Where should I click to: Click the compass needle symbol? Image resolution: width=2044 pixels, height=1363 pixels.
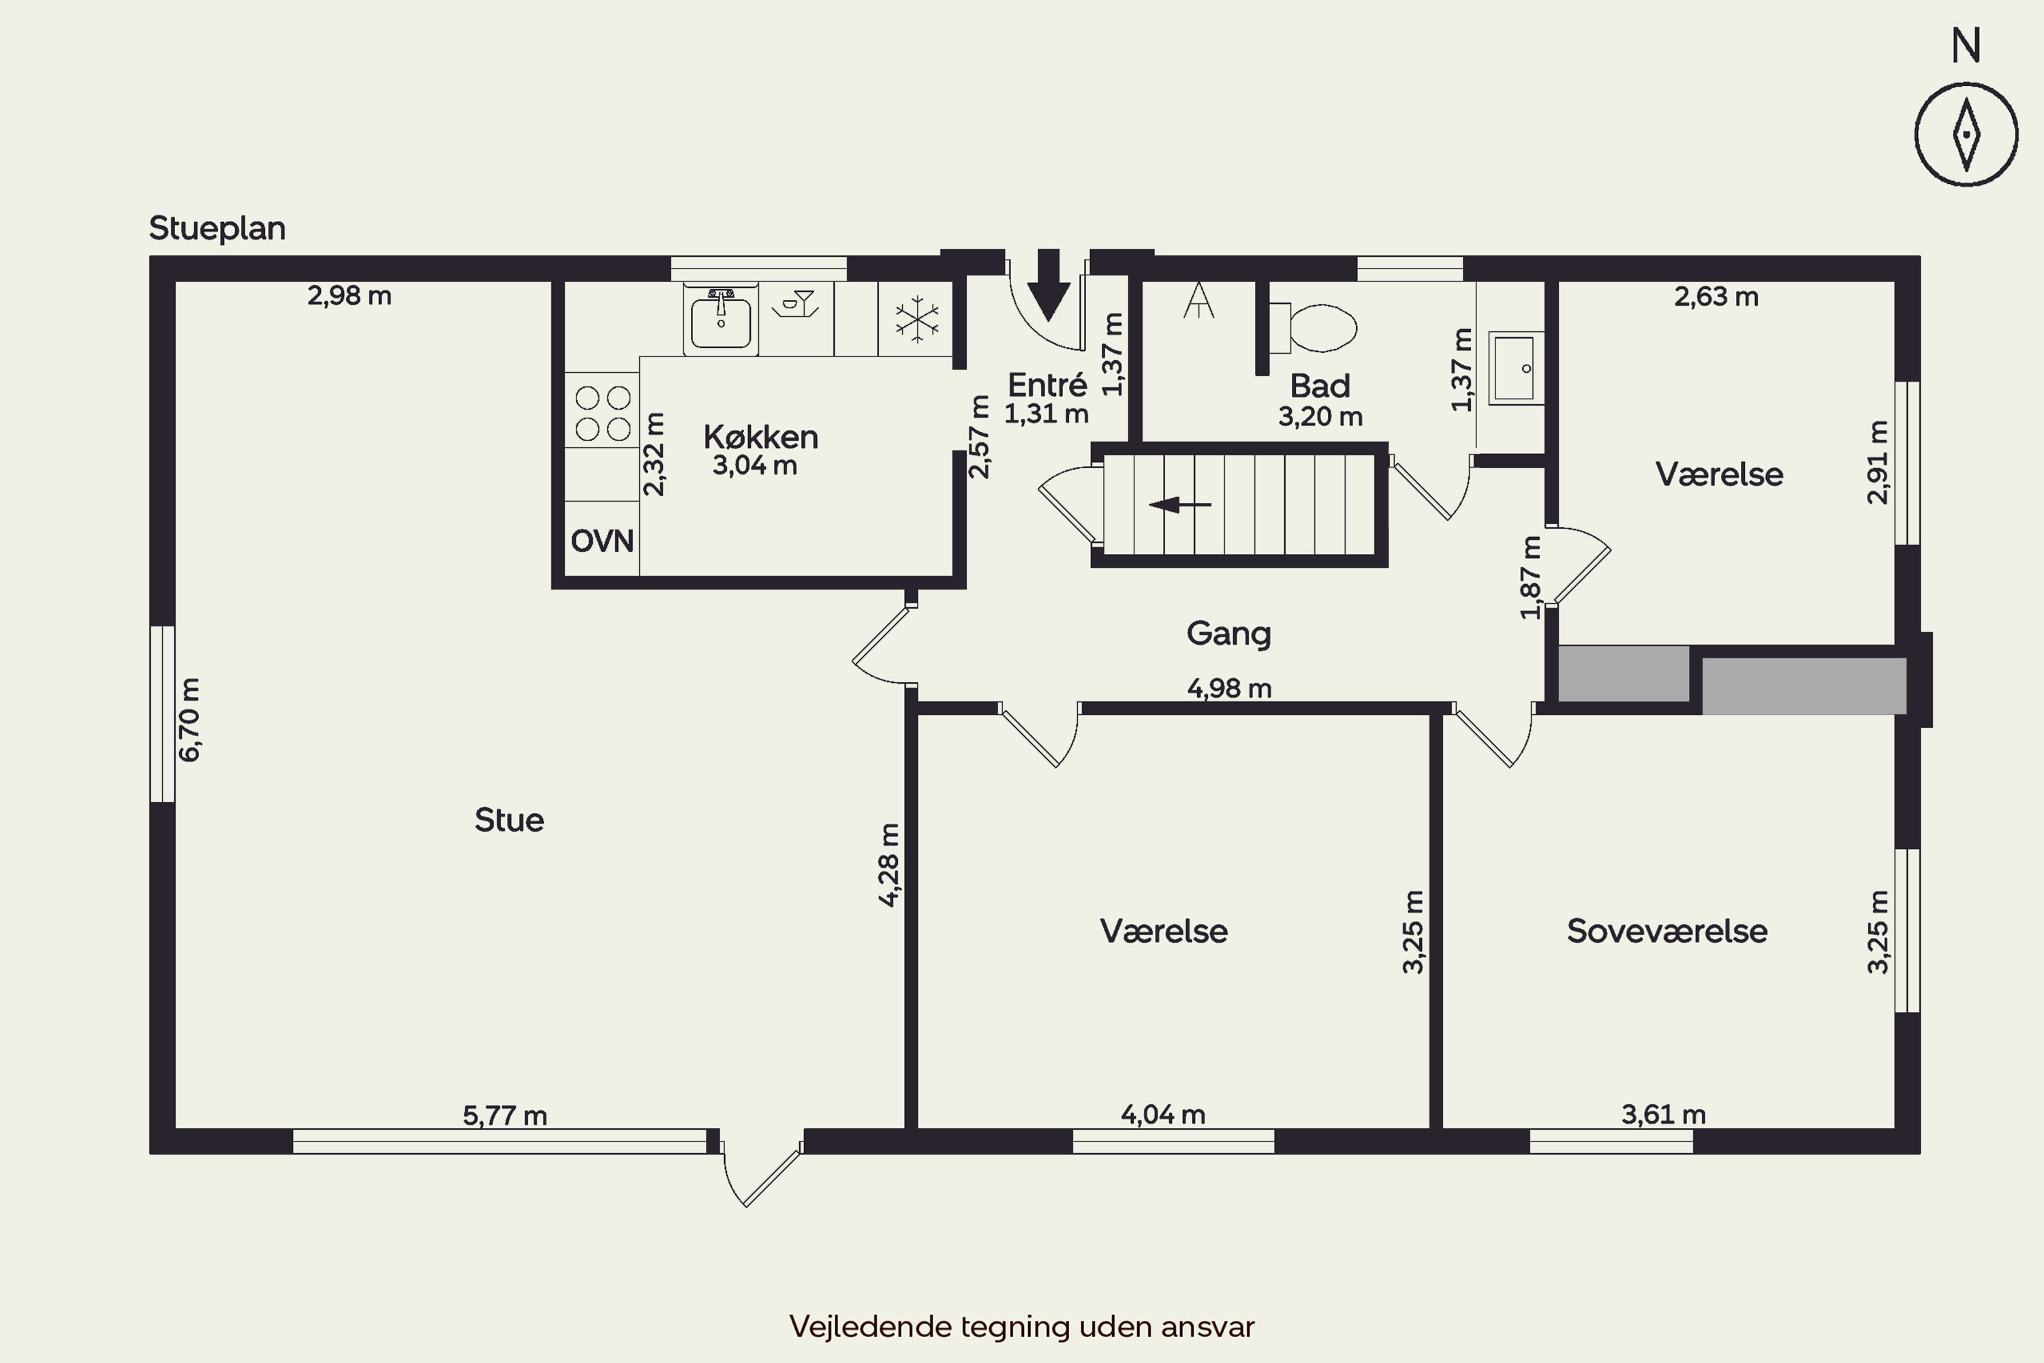(x=1966, y=136)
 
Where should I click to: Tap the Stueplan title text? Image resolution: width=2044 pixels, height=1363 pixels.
(x=217, y=228)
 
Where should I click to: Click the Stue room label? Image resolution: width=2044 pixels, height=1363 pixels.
(x=509, y=820)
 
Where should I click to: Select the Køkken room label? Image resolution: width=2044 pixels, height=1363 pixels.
(x=760, y=436)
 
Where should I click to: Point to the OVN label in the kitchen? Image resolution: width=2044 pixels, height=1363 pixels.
(x=602, y=540)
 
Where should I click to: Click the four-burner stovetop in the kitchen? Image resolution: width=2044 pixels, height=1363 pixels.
(x=602, y=414)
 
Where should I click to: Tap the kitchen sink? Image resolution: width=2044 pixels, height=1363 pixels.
(x=720, y=319)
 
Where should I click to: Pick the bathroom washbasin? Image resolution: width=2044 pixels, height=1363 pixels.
(x=1515, y=368)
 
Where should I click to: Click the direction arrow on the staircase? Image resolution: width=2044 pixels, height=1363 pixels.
(x=1179, y=504)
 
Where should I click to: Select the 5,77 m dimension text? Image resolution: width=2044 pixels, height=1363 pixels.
(x=505, y=1115)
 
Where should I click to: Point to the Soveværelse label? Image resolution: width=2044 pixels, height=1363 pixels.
(x=1667, y=931)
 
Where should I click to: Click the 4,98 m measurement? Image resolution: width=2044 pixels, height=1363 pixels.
(x=1229, y=688)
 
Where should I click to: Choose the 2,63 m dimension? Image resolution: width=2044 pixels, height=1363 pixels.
(x=1716, y=297)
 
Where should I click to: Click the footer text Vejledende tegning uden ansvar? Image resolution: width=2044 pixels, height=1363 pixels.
(x=1022, y=1326)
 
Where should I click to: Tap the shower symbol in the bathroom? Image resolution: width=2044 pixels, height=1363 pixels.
(x=1198, y=300)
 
